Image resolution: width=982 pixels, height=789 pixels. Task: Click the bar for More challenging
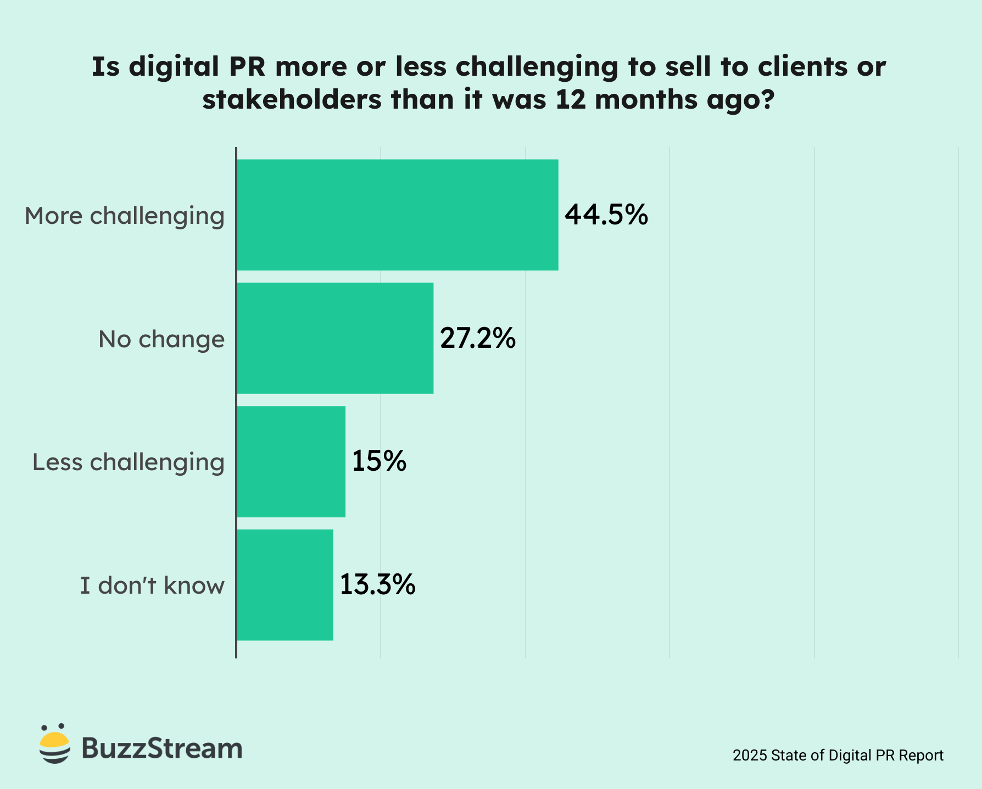(397, 215)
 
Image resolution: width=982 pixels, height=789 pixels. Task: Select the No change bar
(335, 338)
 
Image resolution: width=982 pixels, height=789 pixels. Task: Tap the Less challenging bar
(291, 461)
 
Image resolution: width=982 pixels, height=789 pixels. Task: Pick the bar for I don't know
(284, 585)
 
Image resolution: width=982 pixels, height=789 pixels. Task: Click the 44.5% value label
(606, 215)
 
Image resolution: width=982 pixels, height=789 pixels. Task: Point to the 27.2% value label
(478, 338)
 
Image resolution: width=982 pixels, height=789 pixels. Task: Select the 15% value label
(379, 461)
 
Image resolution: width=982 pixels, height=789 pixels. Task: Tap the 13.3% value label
(378, 585)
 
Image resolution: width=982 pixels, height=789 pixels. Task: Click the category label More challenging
(125, 216)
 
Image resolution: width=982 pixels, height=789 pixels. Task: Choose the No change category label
(161, 339)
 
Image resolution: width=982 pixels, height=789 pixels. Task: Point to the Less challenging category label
(129, 463)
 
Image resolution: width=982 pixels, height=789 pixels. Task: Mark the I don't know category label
(152, 586)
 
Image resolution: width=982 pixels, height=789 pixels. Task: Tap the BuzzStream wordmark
(162, 748)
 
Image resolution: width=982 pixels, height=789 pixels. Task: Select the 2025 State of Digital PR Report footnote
(838, 756)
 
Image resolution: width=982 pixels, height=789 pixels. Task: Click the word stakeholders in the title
(292, 100)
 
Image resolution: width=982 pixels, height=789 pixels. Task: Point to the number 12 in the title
(571, 100)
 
